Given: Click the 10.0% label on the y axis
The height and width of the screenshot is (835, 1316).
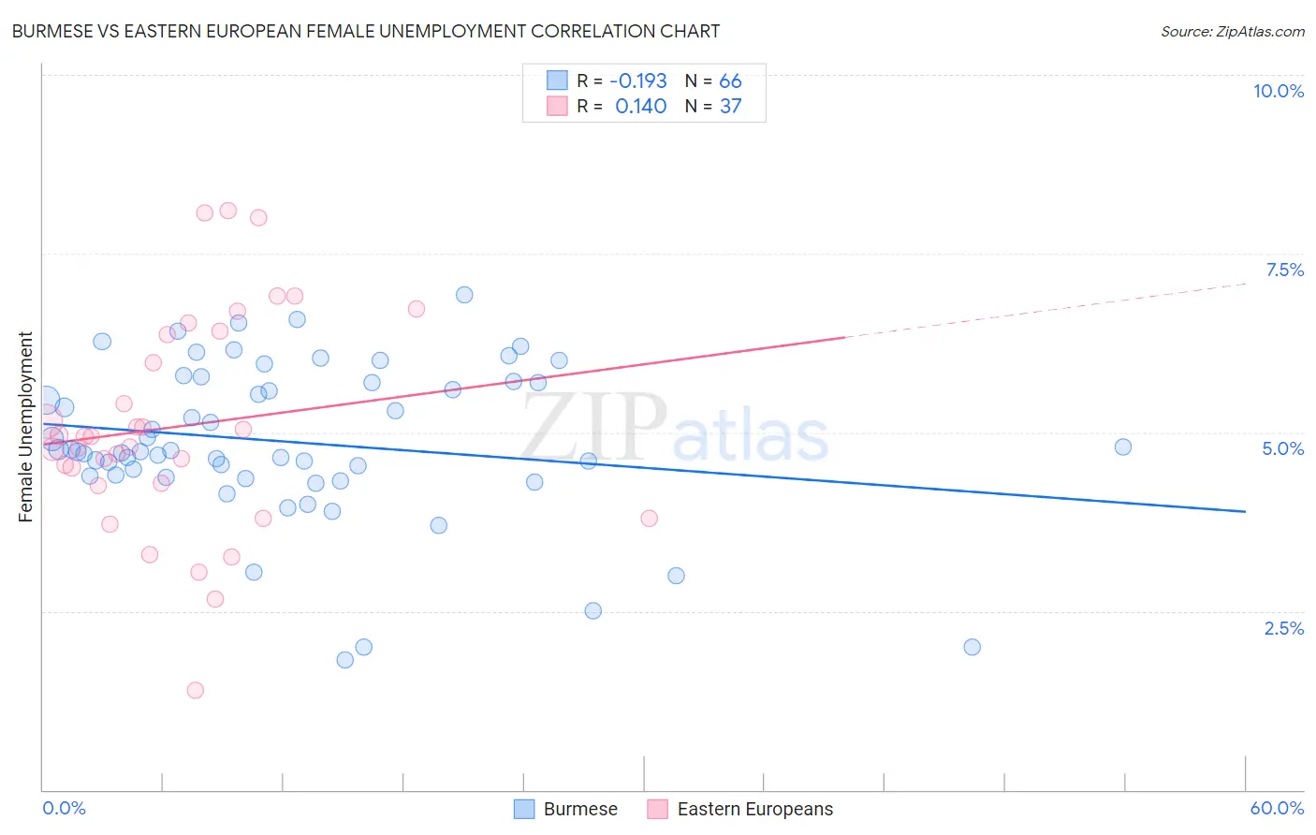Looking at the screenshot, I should coord(1278,91).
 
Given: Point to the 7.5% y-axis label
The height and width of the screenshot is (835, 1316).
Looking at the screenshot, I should coord(1284,270).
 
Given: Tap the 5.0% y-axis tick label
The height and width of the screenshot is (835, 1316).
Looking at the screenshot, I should coord(1282,448).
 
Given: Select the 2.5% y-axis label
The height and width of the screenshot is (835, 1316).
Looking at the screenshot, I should coord(1283,628).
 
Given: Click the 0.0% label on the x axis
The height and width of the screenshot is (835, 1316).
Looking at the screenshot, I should coord(64,808).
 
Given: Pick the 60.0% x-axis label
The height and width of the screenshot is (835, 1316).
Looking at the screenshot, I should coord(1276,808).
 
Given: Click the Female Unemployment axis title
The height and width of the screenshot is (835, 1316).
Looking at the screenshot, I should coord(25,426).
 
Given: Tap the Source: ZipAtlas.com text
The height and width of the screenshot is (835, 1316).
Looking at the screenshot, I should coord(1232,31).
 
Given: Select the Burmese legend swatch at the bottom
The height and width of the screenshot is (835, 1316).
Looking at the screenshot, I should coord(524,809).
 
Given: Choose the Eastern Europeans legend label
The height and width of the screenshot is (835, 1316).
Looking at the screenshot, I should coord(754,809).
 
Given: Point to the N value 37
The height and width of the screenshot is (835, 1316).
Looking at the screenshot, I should coord(730,106).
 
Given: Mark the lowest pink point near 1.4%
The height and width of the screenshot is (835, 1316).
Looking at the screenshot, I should coord(195,690).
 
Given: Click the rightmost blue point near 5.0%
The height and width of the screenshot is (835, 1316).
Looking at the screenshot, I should coord(1122,447).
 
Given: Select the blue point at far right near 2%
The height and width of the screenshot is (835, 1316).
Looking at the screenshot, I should coord(972,647).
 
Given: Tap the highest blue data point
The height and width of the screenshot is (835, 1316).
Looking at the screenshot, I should coord(464,295).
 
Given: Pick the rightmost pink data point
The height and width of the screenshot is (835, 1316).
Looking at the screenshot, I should coord(649,518).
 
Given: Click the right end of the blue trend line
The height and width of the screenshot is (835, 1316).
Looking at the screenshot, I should coord(1244,511).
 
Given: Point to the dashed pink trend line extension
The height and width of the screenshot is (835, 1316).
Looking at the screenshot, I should coord(1048,309).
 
